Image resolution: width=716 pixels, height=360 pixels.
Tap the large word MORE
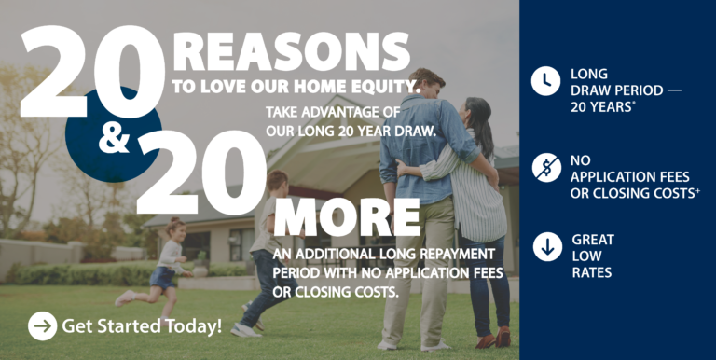tap(347, 217)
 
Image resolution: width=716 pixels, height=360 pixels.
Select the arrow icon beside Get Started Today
tap(43, 325)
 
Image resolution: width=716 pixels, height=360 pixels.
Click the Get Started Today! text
tap(142, 326)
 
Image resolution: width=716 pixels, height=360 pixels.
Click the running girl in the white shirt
tap(167, 261)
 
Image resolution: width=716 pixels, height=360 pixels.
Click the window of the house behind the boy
tap(241, 244)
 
